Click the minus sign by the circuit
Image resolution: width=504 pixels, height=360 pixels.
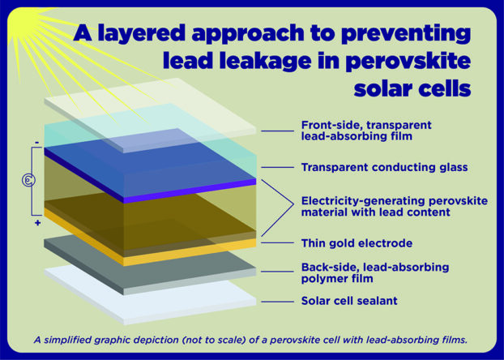point(36,144)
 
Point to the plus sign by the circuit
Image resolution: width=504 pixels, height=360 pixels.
point(36,221)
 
